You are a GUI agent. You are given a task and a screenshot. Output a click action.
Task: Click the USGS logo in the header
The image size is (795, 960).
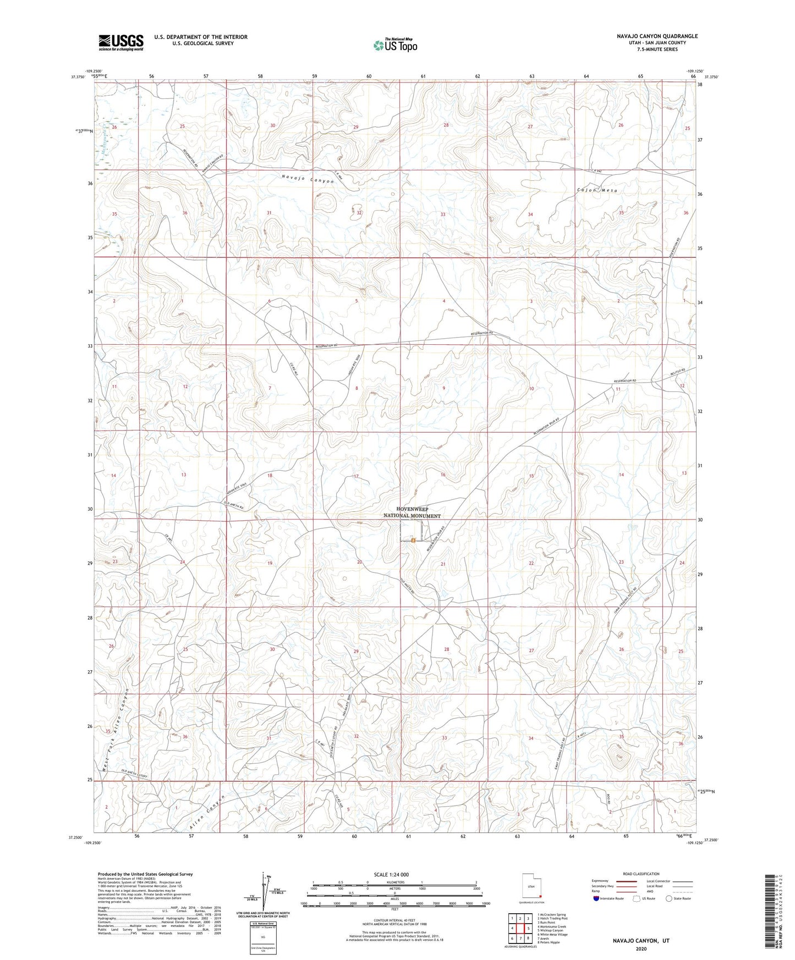[121, 42]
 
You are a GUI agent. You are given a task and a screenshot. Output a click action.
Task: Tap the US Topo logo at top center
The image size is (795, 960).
[394, 45]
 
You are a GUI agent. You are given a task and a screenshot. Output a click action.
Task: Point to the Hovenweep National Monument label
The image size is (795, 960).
[412, 512]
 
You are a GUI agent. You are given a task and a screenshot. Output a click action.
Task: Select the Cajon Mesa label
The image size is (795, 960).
[597, 190]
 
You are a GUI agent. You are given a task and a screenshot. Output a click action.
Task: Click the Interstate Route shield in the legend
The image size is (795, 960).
[596, 898]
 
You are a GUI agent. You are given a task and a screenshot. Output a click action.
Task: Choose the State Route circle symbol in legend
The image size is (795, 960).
[668, 898]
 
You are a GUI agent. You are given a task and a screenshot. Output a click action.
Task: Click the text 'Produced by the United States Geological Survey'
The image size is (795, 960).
[145, 874]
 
